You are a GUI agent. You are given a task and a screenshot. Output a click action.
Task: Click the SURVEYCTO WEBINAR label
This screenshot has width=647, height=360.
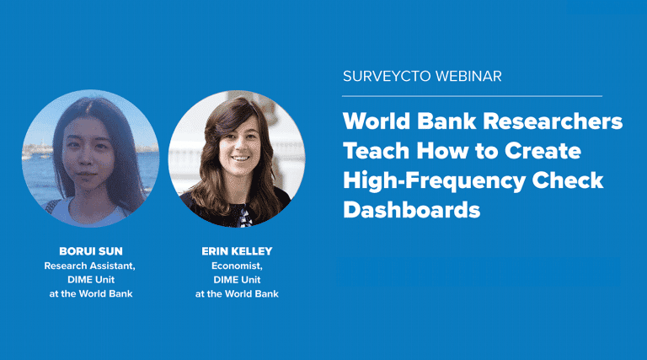tap(422, 77)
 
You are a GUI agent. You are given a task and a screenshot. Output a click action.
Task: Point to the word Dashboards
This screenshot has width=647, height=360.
tap(411, 210)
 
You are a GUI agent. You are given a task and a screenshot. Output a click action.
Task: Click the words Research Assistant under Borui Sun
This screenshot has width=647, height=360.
tap(90, 266)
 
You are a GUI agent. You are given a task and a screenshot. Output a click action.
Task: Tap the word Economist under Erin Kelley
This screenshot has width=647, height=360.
tap(237, 266)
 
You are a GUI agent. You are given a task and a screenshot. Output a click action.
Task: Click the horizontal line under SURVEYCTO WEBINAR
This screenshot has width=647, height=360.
tap(473, 96)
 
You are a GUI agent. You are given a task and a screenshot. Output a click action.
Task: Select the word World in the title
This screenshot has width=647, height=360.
tap(374, 121)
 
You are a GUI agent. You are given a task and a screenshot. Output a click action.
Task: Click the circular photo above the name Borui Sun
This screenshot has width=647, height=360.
tap(90, 161)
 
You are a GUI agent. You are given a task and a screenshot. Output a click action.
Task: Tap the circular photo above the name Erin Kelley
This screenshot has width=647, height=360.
tap(237, 161)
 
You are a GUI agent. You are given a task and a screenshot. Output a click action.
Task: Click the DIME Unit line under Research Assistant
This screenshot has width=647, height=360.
tap(90, 279)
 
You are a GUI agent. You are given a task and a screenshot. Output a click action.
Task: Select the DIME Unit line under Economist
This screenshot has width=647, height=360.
tap(237, 279)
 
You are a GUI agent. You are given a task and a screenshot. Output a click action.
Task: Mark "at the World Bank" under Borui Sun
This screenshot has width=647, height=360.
tap(90, 293)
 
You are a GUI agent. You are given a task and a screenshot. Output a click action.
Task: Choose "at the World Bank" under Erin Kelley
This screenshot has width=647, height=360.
tap(237, 293)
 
